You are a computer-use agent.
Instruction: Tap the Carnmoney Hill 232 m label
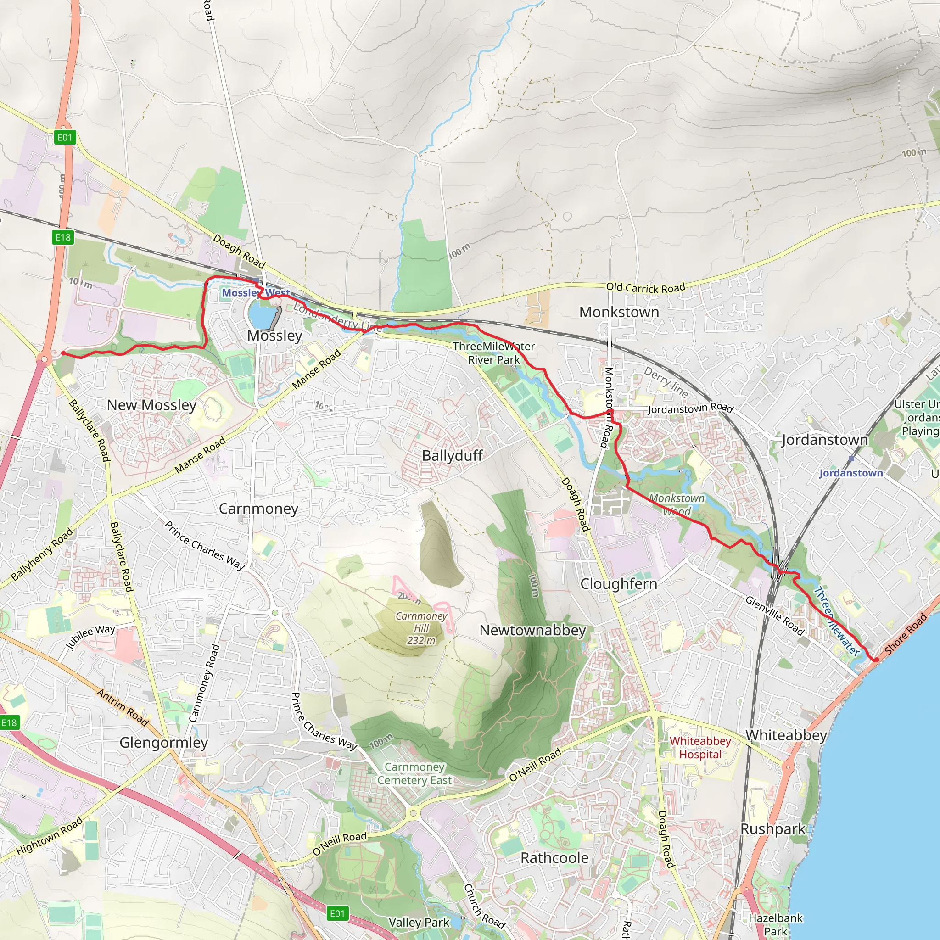[x=421, y=628]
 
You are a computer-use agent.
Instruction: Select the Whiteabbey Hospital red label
[x=700, y=747]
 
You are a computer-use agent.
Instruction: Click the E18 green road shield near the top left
[x=63, y=237]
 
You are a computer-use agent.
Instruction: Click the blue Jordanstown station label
[x=850, y=473]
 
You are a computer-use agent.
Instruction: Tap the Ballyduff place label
[x=452, y=455]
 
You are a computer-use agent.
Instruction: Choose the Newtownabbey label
[x=532, y=630]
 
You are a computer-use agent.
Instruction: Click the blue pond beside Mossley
[x=261, y=317]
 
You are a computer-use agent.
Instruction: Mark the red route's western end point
[x=63, y=353]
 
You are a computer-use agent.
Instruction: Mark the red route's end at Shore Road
[x=875, y=660]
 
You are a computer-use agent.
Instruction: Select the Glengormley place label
[x=163, y=743]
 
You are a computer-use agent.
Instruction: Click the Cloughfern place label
[x=618, y=584]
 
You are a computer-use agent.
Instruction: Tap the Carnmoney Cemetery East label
[x=414, y=773]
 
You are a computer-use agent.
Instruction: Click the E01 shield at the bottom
[x=337, y=913]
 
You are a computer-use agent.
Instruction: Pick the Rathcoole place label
[x=554, y=858]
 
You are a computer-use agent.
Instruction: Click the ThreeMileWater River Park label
[x=494, y=353]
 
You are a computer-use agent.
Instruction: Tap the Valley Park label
[x=419, y=923]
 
